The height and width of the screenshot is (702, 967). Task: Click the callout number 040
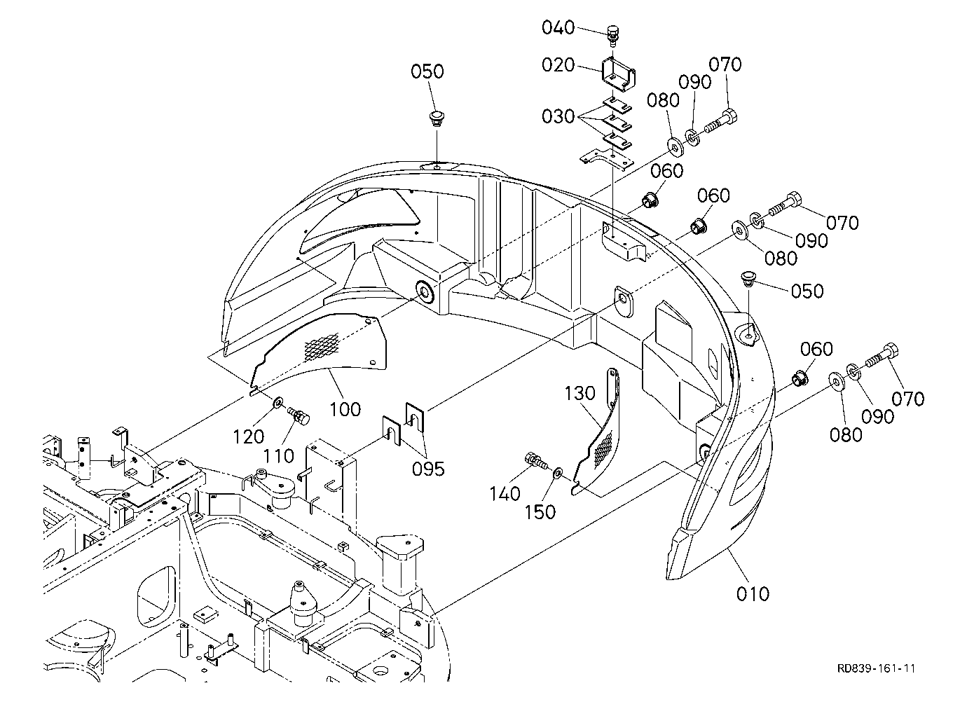[558, 27]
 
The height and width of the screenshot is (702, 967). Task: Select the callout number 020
[558, 65]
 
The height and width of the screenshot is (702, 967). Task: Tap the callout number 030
[558, 116]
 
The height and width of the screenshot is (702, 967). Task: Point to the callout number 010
[753, 594]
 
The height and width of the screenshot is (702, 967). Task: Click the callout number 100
[345, 409]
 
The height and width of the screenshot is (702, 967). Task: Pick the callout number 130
[580, 393]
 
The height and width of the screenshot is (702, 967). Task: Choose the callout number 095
[428, 469]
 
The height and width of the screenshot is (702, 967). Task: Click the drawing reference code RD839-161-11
[877, 669]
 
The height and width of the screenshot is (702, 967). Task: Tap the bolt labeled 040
[613, 36]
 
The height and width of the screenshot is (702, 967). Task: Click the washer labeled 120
[277, 403]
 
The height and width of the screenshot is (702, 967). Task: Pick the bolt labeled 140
[537, 460]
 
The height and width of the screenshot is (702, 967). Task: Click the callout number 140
[505, 493]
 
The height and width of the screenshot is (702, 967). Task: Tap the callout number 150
[540, 512]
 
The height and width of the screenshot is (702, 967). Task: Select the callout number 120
[249, 437]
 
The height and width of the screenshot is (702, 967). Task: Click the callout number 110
[279, 456]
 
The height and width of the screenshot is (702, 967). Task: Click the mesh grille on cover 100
[322, 347]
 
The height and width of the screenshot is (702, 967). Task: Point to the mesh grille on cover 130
[604, 450]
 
